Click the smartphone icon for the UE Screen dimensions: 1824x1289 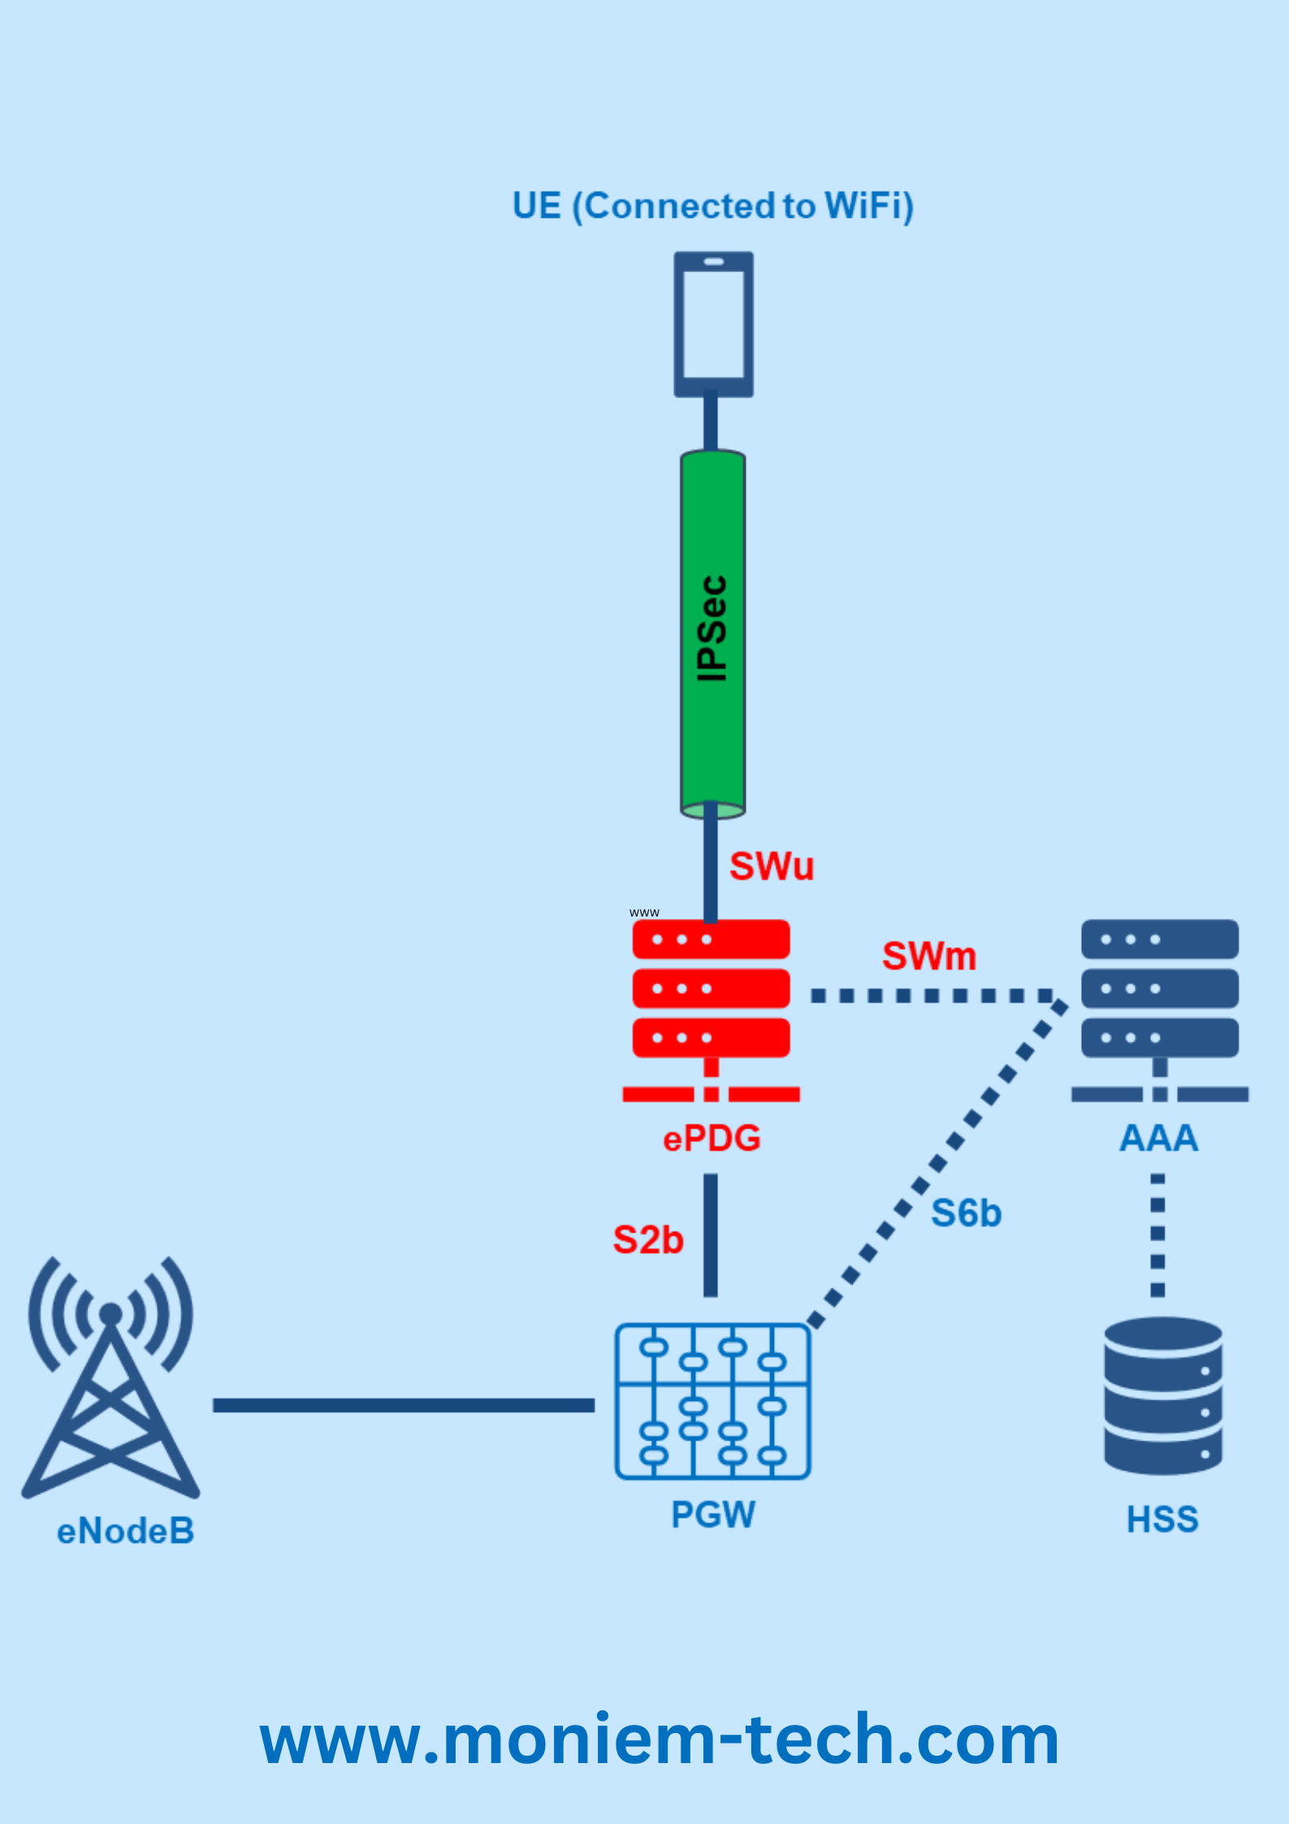coord(713,324)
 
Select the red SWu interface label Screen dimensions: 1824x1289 coord(771,866)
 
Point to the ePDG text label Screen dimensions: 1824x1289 coord(712,1138)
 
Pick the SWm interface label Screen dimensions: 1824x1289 coord(929,956)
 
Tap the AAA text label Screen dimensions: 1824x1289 coord(1158,1138)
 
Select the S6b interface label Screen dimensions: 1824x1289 coord(966,1214)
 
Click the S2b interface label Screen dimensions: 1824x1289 coord(647,1241)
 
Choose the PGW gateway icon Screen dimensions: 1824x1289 coord(712,1401)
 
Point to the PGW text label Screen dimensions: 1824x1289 coord(712,1514)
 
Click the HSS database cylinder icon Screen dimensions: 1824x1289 coord(1162,1395)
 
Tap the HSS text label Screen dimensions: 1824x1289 coord(1161,1519)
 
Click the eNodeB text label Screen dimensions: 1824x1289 coord(125,1532)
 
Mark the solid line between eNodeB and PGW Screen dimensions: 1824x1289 coord(403,1406)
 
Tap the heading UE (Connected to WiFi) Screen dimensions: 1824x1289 coord(712,206)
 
